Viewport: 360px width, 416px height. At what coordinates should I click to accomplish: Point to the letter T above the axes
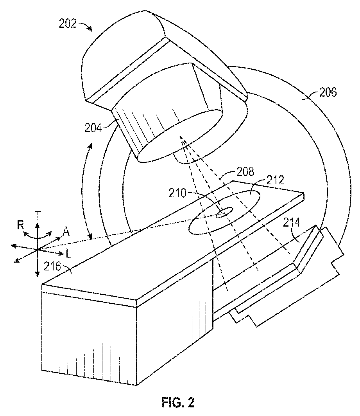pos(37,214)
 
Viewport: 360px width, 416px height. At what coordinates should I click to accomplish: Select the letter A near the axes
pos(66,232)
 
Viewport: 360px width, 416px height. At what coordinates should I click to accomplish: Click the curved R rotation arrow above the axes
pos(37,235)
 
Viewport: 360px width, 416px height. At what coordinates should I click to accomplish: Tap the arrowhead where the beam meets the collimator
pos(181,138)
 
